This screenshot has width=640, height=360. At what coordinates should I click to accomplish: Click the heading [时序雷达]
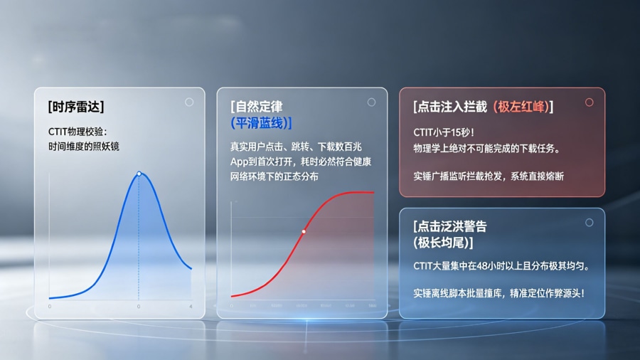[x=76, y=107]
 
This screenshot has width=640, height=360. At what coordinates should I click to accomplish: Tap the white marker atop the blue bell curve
[x=139, y=174]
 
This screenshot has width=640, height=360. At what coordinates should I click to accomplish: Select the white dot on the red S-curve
[x=304, y=231]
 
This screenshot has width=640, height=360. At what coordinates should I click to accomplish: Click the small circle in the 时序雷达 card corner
[x=189, y=102]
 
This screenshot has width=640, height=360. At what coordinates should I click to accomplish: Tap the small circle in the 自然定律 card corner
[x=371, y=102]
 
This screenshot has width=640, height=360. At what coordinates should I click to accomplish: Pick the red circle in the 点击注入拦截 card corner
[x=589, y=102]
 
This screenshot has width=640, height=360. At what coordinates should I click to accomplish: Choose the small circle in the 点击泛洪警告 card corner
[x=589, y=223]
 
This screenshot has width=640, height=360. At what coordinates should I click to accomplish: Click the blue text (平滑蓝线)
[x=261, y=123]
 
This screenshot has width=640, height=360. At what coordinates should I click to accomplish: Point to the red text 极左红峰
[x=522, y=107]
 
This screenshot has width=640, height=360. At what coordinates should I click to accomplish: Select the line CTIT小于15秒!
[x=444, y=132]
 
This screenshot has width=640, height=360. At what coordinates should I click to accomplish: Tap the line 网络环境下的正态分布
[x=274, y=176]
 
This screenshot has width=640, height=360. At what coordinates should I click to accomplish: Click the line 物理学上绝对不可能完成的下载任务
[x=486, y=149]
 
